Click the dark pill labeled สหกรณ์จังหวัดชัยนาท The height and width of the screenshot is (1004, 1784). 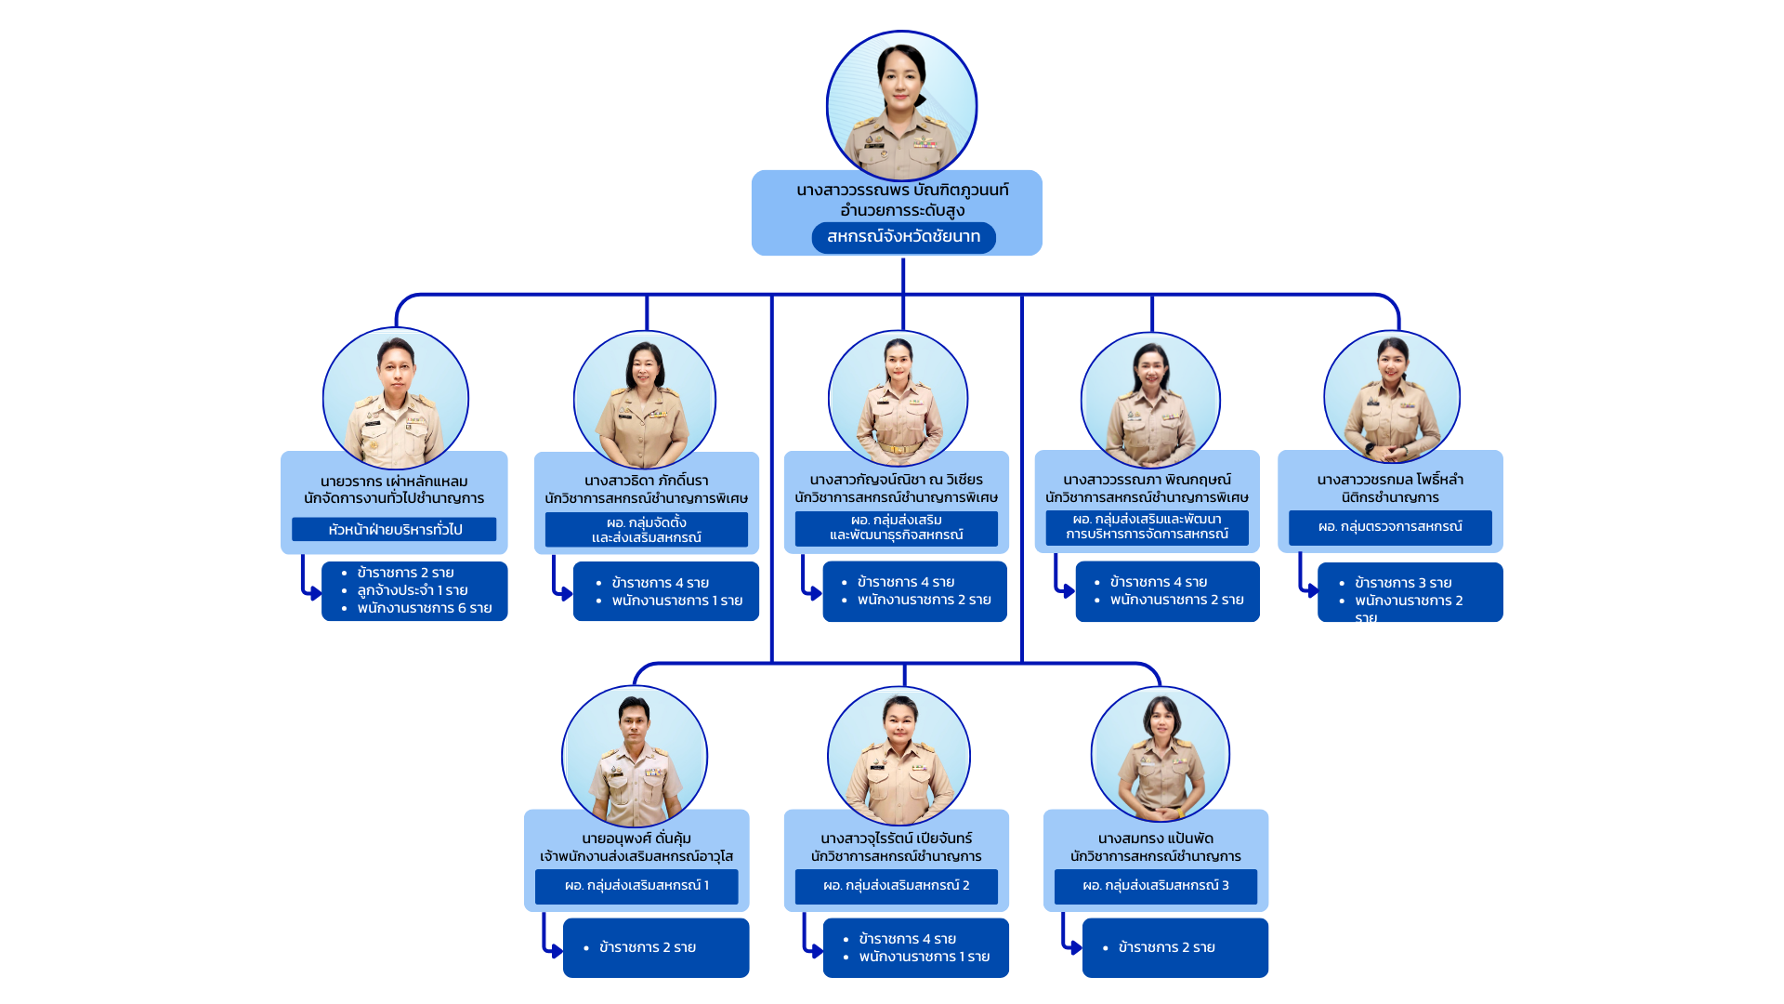pyautogui.click(x=903, y=237)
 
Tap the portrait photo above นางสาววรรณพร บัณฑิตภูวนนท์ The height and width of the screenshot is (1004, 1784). pyautogui.click(x=901, y=105)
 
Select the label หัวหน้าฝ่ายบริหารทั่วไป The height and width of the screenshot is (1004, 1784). pyautogui.click(x=394, y=530)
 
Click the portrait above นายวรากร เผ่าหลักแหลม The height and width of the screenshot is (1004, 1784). pyautogui.click(x=396, y=399)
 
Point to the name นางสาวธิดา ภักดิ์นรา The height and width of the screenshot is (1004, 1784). pyautogui.click(x=646, y=481)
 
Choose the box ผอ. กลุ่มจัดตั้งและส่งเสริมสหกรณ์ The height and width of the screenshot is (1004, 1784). pyautogui.click(x=646, y=530)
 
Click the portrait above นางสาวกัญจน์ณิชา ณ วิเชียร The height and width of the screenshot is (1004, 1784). pyautogui.click(x=898, y=399)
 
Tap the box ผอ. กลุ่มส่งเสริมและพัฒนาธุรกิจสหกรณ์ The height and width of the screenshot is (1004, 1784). pyautogui.click(x=896, y=527)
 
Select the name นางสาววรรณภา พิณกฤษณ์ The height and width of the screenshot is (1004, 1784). pyautogui.click(x=1147, y=480)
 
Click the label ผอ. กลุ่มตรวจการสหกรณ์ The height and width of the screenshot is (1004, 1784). pyautogui.click(x=1390, y=527)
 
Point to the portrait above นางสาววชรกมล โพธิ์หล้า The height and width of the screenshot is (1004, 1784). pyautogui.click(x=1392, y=397)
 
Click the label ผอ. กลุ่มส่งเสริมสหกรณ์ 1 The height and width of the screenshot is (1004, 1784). pyautogui.click(x=636, y=886)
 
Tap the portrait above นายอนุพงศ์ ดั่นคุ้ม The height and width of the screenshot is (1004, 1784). pyautogui.click(x=635, y=756)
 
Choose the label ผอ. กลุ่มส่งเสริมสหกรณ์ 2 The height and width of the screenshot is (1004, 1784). pyautogui.click(x=896, y=886)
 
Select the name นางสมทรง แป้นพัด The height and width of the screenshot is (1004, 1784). pyautogui.click(x=1155, y=839)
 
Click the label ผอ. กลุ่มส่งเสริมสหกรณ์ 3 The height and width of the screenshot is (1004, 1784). pyautogui.click(x=1155, y=886)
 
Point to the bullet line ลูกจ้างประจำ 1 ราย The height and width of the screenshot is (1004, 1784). pyautogui.click(x=412, y=590)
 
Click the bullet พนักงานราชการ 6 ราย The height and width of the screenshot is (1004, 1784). pyautogui.click(x=424, y=608)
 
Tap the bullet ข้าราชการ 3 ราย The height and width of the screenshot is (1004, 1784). pyautogui.click(x=1402, y=583)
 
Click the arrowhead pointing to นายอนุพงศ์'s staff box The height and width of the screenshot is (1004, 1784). pyautogui.click(x=557, y=951)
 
